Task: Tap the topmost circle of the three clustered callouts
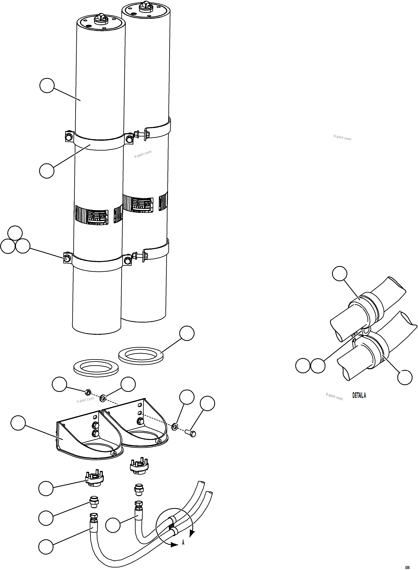tap(15, 233)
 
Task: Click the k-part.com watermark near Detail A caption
tap(334, 397)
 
